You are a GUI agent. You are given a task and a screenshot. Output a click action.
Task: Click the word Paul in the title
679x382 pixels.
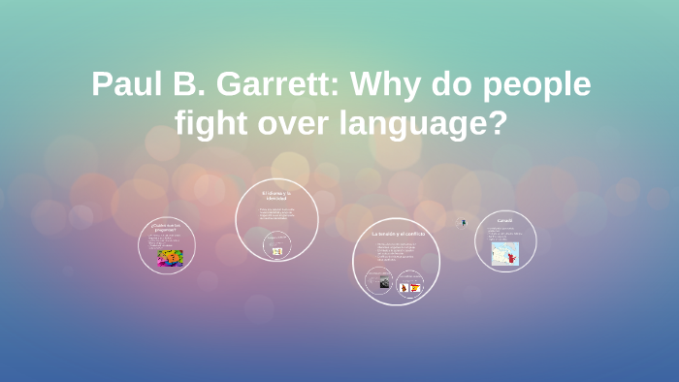[x=124, y=84]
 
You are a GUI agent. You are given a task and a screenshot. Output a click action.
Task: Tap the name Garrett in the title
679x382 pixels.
[x=272, y=84]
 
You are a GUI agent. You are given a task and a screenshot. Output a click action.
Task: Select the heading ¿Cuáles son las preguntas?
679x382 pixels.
[x=166, y=227]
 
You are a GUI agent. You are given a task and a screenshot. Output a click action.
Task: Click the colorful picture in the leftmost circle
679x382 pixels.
[x=170, y=257]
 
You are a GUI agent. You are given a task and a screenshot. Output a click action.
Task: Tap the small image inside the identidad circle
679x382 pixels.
[x=277, y=251]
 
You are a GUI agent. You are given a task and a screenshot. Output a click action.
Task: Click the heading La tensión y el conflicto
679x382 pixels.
[x=395, y=235]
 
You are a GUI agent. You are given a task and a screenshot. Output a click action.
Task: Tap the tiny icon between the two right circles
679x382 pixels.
[x=462, y=223]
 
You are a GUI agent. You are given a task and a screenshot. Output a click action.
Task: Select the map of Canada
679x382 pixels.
[x=505, y=254]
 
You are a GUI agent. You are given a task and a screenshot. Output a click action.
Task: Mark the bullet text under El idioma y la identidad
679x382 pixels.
[x=276, y=214]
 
